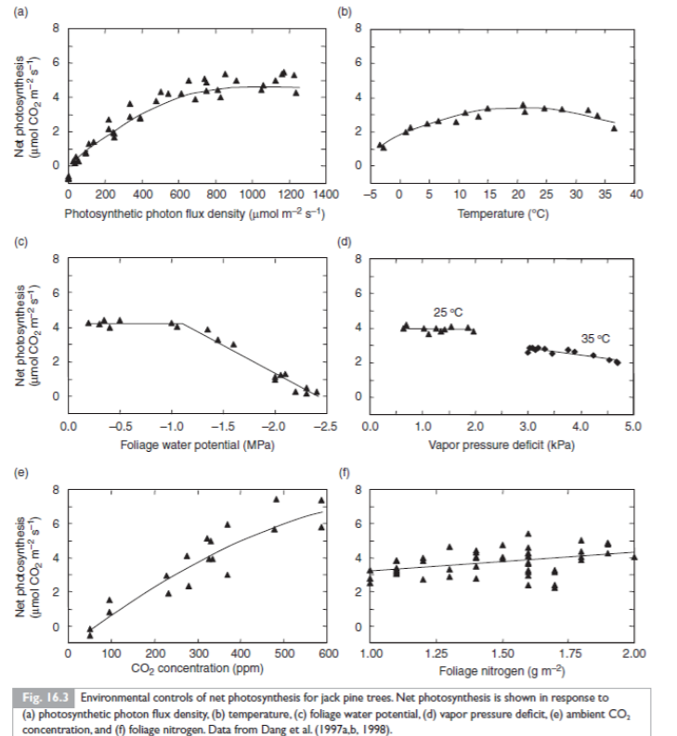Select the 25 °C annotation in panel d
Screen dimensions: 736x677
[x=447, y=311]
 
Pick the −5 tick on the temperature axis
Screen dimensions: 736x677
[x=370, y=194]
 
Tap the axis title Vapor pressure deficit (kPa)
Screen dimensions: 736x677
[x=501, y=443]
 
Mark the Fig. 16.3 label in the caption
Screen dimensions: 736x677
[x=46, y=695]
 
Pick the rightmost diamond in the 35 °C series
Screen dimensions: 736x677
[x=618, y=363]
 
